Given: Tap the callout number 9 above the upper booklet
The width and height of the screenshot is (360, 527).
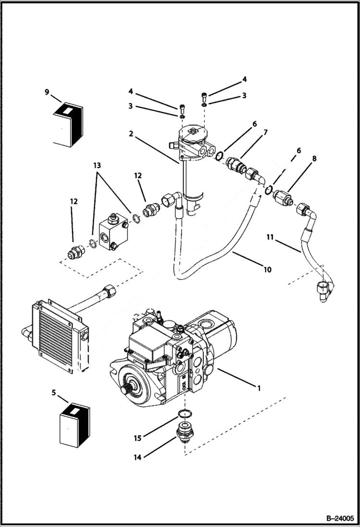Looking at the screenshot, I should [x=47, y=92].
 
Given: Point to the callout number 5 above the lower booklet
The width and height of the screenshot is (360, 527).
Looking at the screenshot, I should [x=53, y=392].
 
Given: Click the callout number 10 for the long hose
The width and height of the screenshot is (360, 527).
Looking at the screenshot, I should [x=267, y=270].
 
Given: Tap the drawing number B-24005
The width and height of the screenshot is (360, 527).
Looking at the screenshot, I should [x=339, y=518].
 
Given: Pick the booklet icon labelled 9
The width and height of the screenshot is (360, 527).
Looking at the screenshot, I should [x=66, y=124].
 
